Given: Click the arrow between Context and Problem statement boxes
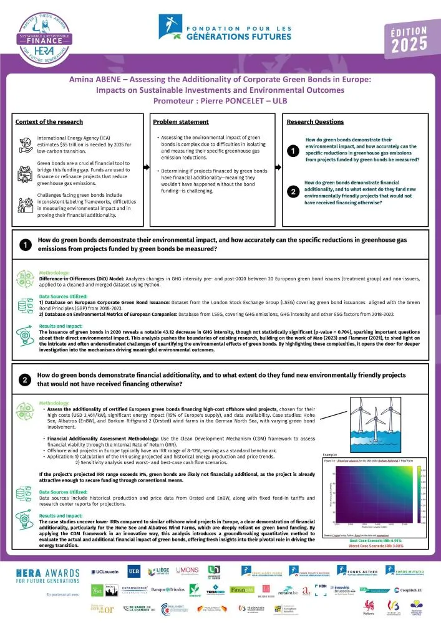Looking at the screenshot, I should click(x=147, y=167).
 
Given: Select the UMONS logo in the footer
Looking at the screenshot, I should click(x=188, y=572).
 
